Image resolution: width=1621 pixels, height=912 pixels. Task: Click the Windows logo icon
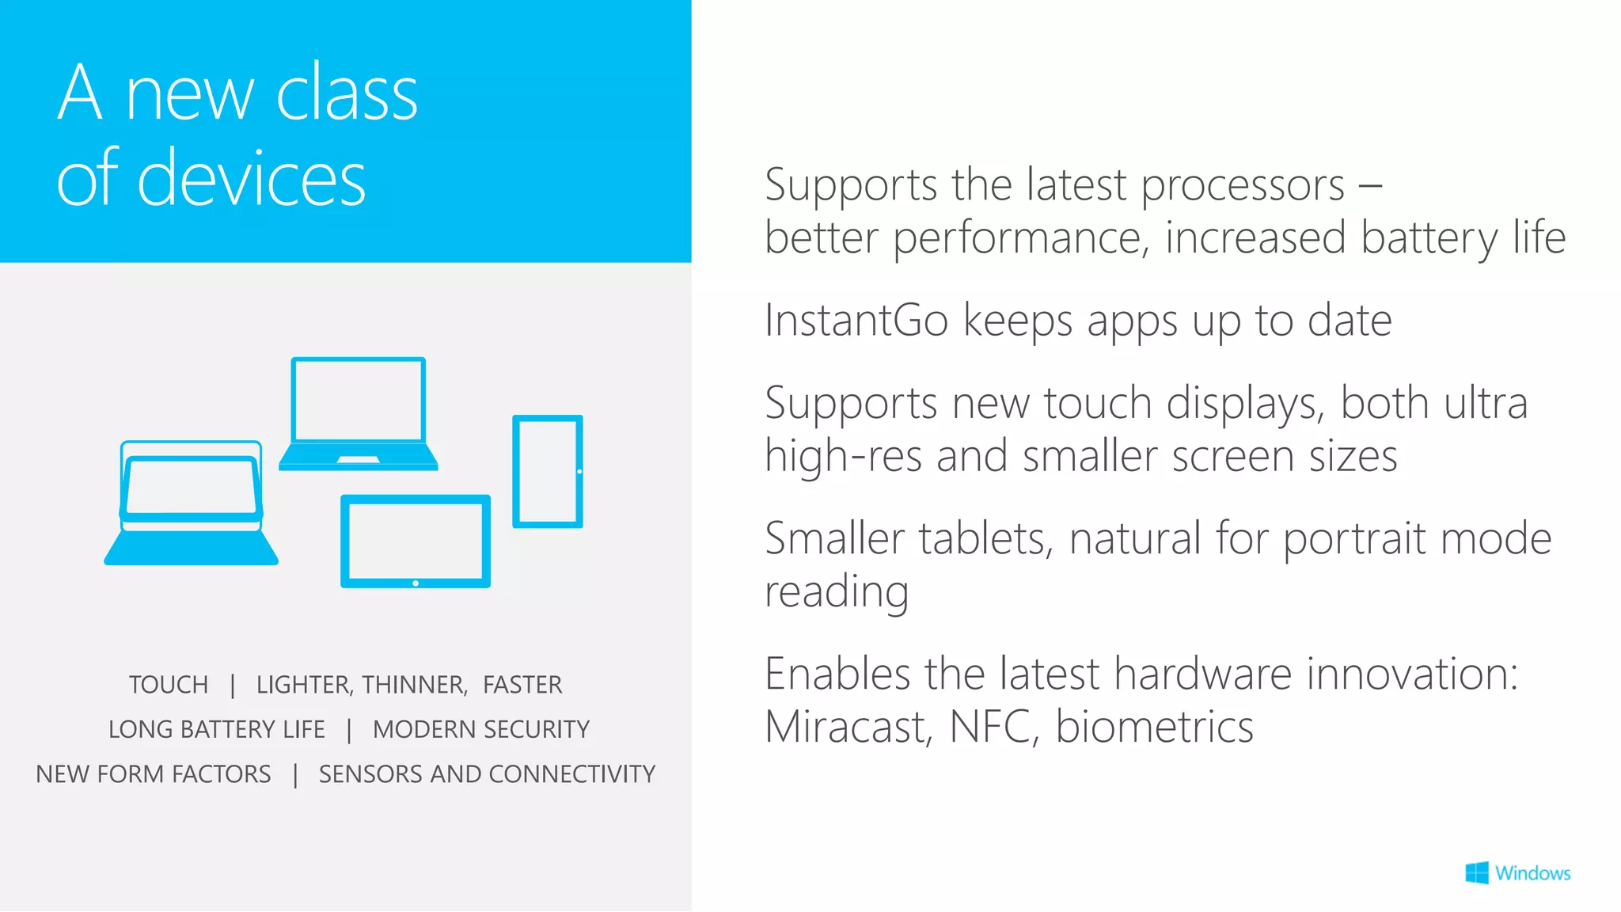tap(1476, 873)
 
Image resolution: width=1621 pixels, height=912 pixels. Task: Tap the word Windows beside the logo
tap(1532, 873)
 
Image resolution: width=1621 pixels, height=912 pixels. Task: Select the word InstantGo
tap(856, 321)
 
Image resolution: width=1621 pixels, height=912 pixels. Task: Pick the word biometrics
tap(1155, 727)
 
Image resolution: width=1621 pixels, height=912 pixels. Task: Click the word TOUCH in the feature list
tap(169, 685)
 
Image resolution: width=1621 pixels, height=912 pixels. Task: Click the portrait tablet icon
tap(548, 471)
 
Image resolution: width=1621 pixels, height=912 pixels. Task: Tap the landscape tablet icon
tap(416, 541)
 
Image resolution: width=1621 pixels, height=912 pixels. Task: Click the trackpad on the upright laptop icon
tap(358, 460)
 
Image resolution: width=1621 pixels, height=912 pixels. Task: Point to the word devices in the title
tap(251, 179)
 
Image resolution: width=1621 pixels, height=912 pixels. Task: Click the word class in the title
tap(346, 93)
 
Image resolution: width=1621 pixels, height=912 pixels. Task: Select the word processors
tap(1243, 186)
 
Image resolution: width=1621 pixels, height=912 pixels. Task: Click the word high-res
tap(843, 457)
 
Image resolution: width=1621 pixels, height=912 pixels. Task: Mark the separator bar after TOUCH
tap(233, 686)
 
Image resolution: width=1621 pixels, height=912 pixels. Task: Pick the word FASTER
tap(522, 685)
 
